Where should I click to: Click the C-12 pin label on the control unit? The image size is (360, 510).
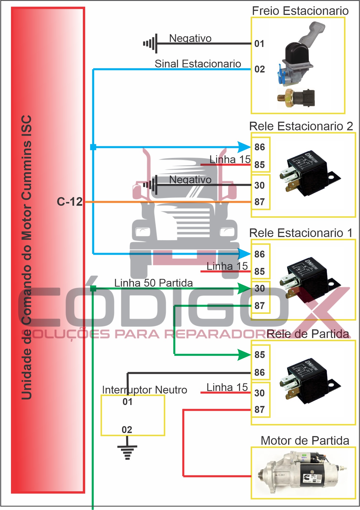pyautogui.click(x=70, y=202)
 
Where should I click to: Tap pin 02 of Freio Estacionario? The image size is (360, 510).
pyautogui.click(x=260, y=69)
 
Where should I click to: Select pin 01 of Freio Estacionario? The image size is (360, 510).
pyautogui.click(x=259, y=44)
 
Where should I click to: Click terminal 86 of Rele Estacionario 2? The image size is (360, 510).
pyautogui.click(x=260, y=147)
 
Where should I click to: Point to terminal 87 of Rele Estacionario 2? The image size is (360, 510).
pyautogui.click(x=260, y=202)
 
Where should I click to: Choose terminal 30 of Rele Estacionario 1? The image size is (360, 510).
pyautogui.click(x=260, y=288)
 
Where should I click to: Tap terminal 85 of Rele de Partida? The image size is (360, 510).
pyautogui.click(x=260, y=355)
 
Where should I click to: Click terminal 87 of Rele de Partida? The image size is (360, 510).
pyautogui.click(x=260, y=410)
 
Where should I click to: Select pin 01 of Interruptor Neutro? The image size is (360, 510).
pyautogui.click(x=127, y=402)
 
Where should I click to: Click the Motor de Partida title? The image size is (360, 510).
pyautogui.click(x=305, y=441)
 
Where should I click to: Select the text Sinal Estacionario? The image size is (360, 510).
pyautogui.click(x=198, y=64)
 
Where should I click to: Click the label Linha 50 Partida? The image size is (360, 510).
pyautogui.click(x=153, y=283)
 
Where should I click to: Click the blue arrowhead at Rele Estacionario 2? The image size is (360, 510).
pyautogui.click(x=244, y=147)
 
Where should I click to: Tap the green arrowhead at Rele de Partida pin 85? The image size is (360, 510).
pyautogui.click(x=244, y=355)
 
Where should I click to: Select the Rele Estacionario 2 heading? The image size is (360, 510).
pyautogui.click(x=301, y=126)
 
